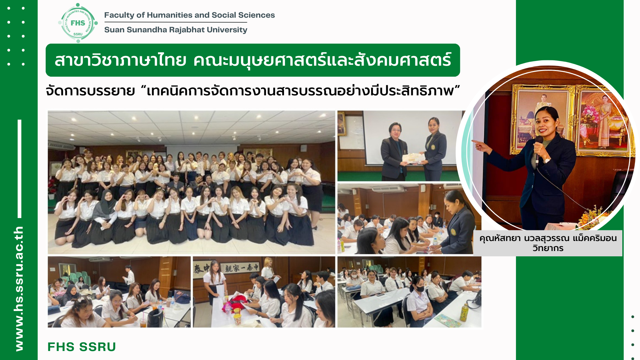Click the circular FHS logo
click(78, 23)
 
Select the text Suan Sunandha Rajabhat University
click(176, 30)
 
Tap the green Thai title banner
click(253, 60)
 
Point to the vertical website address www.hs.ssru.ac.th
click(19, 289)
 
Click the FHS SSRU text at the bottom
click(82, 347)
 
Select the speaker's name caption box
click(548, 243)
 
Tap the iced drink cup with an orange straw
click(143, 321)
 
